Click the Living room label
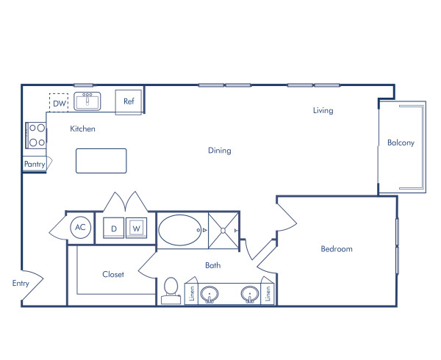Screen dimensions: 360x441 323,111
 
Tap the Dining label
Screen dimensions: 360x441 219,151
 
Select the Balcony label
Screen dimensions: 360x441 401,143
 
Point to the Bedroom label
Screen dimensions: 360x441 337,249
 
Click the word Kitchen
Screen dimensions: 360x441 82,129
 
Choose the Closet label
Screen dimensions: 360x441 113,275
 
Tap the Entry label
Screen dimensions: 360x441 21,283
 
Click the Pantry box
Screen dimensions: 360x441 35,165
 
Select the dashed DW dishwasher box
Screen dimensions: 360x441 60,104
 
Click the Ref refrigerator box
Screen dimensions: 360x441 129,101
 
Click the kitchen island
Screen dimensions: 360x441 101,161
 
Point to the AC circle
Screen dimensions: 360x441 81,228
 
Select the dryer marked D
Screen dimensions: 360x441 114,228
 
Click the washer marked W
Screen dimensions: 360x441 136,228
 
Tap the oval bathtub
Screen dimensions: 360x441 182,230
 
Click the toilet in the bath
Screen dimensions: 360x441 172,289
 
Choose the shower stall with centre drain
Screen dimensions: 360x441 222,230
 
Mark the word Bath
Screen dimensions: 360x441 212,265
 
